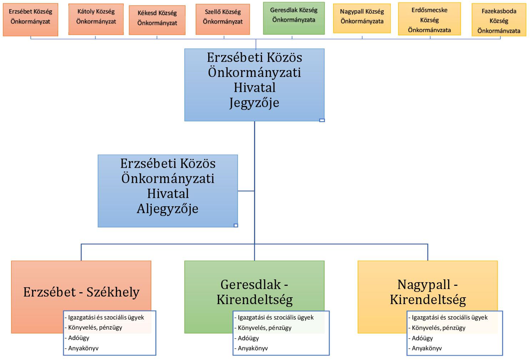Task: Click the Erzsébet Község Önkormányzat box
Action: tap(30, 20)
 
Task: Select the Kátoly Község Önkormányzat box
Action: tap(96, 19)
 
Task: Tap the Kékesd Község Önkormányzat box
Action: tap(157, 20)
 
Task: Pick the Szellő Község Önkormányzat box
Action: tap(223, 19)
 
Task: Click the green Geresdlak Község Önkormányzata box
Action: tap(294, 18)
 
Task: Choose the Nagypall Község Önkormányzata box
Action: tap(362, 19)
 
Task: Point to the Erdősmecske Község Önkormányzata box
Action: tap(429, 19)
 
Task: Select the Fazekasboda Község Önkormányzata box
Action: tap(499, 20)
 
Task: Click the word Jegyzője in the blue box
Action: tap(254, 103)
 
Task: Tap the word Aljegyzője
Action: tap(168, 209)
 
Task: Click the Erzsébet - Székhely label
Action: tap(81, 292)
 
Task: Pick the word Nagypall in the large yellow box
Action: tap(423, 284)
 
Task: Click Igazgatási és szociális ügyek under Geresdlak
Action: tap(274, 317)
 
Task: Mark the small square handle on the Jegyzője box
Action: tap(322, 120)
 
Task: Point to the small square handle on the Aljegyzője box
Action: tap(236, 225)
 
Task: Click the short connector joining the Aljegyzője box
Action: tap(246, 191)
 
